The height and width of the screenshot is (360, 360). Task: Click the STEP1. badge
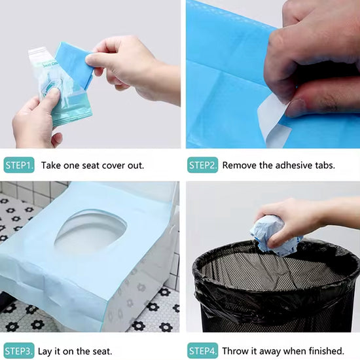click(19, 165)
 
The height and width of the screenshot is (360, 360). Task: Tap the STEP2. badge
click(202, 165)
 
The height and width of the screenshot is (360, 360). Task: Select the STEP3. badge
click(19, 351)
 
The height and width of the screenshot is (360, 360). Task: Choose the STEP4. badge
click(202, 351)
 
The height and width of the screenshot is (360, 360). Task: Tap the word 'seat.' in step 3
click(102, 351)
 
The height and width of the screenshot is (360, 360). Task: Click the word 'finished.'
click(327, 351)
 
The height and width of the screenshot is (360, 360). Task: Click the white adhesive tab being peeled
click(272, 120)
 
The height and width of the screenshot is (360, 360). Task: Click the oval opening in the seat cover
click(90, 232)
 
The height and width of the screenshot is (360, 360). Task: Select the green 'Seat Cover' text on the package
click(51, 65)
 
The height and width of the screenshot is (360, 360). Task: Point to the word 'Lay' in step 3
click(45, 351)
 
